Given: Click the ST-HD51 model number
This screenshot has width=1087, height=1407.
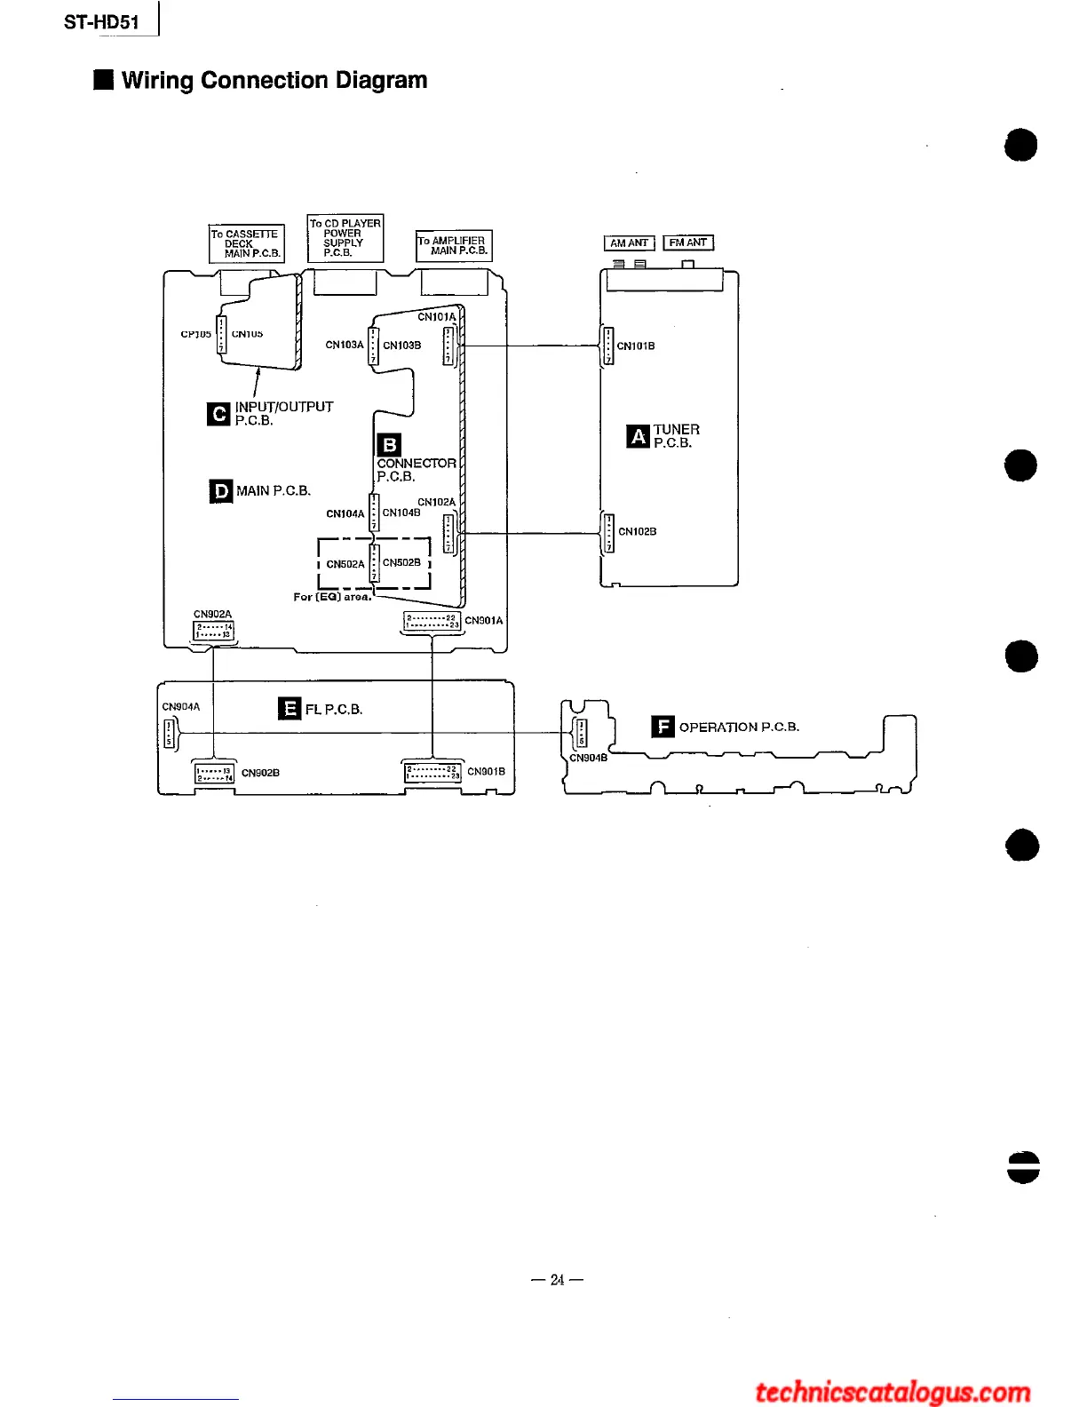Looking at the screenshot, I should [x=101, y=22].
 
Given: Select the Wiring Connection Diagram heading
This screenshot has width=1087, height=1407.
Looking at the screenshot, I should [x=274, y=81].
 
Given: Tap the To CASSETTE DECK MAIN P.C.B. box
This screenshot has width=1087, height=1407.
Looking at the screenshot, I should [x=246, y=243].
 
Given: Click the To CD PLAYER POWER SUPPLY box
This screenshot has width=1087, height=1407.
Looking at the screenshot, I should [x=345, y=238].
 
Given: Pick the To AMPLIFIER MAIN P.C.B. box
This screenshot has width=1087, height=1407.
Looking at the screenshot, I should [x=453, y=245].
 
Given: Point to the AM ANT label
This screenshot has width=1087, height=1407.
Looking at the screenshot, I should [x=629, y=243].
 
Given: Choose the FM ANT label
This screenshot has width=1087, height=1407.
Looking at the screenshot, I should [x=688, y=242].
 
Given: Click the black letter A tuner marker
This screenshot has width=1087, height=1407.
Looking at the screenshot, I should [x=638, y=436].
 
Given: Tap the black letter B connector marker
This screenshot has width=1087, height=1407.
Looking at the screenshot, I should [x=389, y=444].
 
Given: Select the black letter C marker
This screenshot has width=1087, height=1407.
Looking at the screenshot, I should [x=218, y=414].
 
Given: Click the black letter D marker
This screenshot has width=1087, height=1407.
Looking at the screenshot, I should [x=221, y=491].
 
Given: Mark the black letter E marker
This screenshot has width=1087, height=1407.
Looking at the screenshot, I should [x=290, y=709].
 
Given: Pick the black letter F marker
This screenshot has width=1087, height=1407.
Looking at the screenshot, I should [x=663, y=727].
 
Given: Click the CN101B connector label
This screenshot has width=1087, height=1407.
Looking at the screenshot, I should [x=636, y=346].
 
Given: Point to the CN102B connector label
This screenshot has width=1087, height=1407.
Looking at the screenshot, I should [x=638, y=532].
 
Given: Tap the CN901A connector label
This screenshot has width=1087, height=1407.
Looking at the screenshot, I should [x=484, y=621].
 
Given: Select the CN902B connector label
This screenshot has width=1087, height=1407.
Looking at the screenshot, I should [x=260, y=773].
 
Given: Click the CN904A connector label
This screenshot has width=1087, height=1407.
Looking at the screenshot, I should [x=181, y=707].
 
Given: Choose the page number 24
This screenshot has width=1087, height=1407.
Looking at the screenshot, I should [x=557, y=1280].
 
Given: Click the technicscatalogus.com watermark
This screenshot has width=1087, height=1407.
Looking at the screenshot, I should [x=893, y=1392].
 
